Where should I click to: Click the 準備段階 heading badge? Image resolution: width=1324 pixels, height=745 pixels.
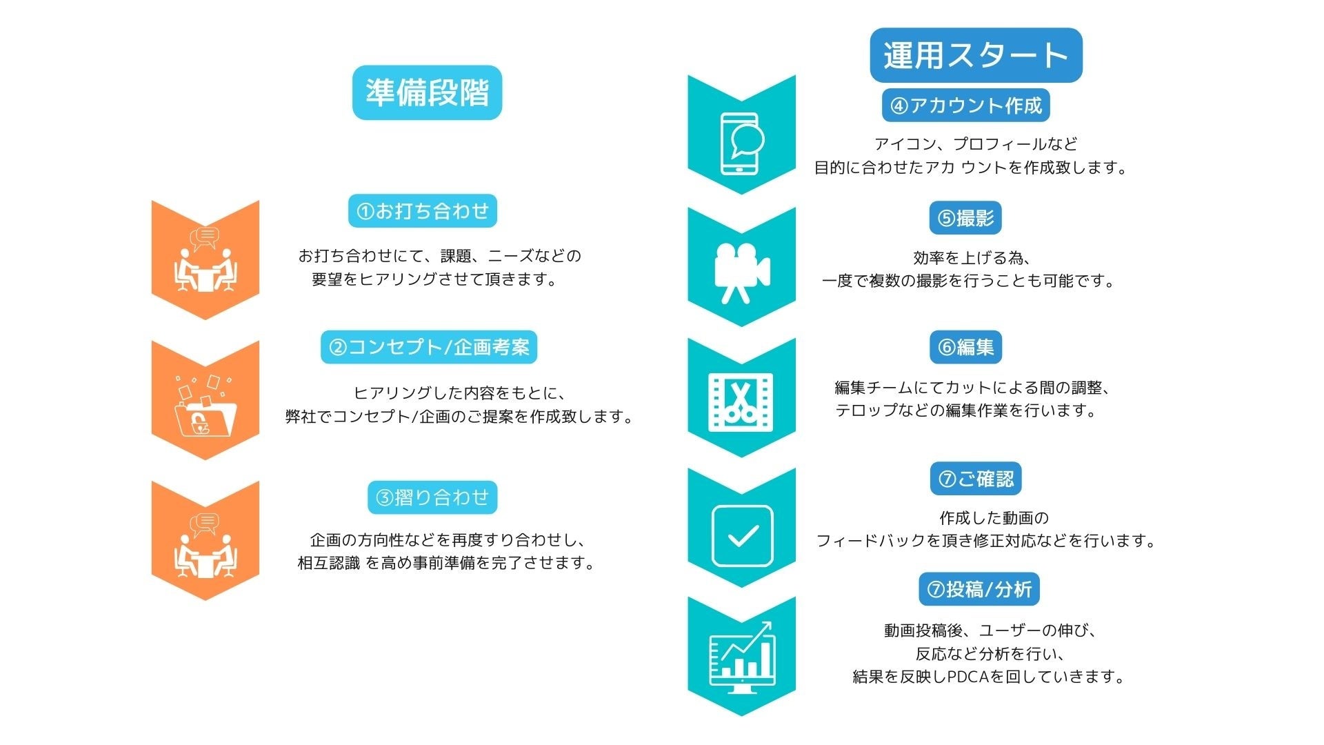pyautogui.click(x=427, y=92)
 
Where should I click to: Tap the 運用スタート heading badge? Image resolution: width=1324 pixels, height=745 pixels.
pyautogui.click(x=976, y=55)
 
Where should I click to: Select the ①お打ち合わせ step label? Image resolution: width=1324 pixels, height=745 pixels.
pyautogui.click(x=422, y=210)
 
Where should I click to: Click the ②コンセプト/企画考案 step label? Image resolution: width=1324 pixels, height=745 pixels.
pyautogui.click(x=428, y=347)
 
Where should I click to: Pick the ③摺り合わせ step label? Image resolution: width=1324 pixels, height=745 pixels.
pyautogui.click(x=432, y=497)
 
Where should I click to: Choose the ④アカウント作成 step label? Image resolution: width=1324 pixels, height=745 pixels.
pyautogui.click(x=965, y=106)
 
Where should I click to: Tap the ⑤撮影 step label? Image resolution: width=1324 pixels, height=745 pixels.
pyautogui.click(x=965, y=218)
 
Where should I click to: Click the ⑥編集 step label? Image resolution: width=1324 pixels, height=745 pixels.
pyautogui.click(x=965, y=347)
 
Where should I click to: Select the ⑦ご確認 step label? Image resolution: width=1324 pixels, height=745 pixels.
pyautogui.click(x=975, y=479)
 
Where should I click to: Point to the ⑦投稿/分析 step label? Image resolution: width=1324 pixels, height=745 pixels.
pyautogui.click(x=979, y=589)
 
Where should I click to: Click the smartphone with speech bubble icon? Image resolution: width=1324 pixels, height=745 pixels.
pyautogui.click(x=741, y=143)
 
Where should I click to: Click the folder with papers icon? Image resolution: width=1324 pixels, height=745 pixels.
pyautogui.click(x=205, y=408)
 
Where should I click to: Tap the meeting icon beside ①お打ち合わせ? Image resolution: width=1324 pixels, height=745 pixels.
pyautogui.click(x=205, y=260)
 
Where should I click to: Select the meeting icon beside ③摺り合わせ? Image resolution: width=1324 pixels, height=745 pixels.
pyautogui.click(x=205, y=546)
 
